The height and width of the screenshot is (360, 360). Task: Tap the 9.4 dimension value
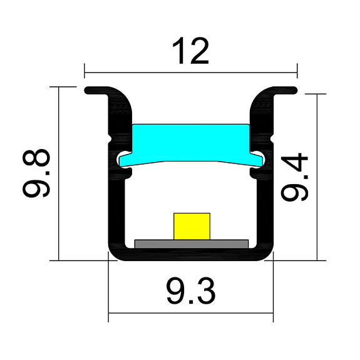coord(295,178)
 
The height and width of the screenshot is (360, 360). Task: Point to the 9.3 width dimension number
coord(191,292)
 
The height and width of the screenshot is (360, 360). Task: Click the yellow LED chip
coord(192,225)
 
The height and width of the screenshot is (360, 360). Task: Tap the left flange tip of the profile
coord(89,90)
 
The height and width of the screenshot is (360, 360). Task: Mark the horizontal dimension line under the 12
coord(190,69)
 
